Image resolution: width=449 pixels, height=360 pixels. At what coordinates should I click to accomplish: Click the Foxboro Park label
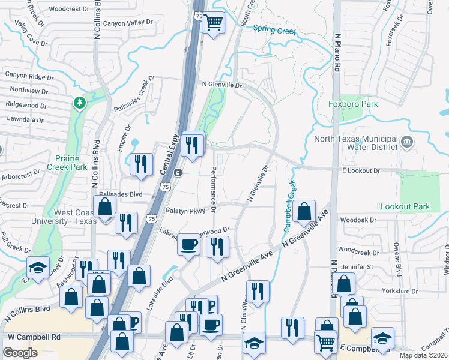[x=353, y=104]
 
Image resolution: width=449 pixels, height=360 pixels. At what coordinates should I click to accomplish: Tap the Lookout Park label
[x=405, y=206]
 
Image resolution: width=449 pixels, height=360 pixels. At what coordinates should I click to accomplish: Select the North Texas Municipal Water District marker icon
[x=407, y=143]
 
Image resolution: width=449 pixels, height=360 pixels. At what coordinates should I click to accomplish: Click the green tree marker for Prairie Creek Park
[x=79, y=104]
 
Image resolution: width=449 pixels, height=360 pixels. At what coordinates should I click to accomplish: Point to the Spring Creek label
[x=276, y=28]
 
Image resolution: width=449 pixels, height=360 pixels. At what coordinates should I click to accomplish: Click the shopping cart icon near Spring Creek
[x=213, y=23]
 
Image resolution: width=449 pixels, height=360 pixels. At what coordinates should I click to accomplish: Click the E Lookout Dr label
[x=361, y=171]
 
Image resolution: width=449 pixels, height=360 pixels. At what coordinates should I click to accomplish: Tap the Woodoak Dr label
[x=358, y=220]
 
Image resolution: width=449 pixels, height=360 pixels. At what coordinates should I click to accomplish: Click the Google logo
[x=20, y=352]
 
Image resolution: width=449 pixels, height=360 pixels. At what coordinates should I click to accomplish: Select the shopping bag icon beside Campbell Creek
[x=304, y=211]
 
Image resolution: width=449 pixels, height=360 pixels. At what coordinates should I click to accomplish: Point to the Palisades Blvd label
[x=121, y=194]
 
